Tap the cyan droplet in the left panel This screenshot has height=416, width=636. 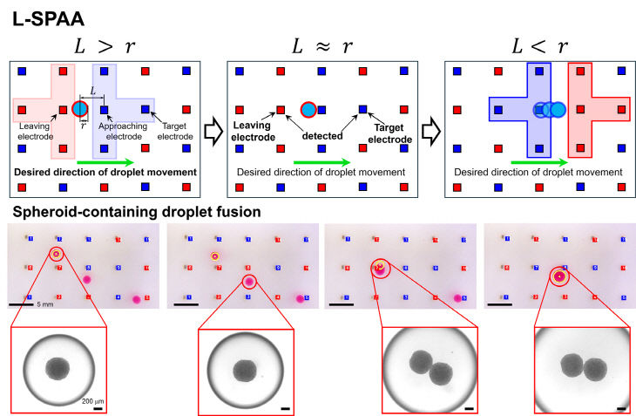(x=80, y=109)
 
